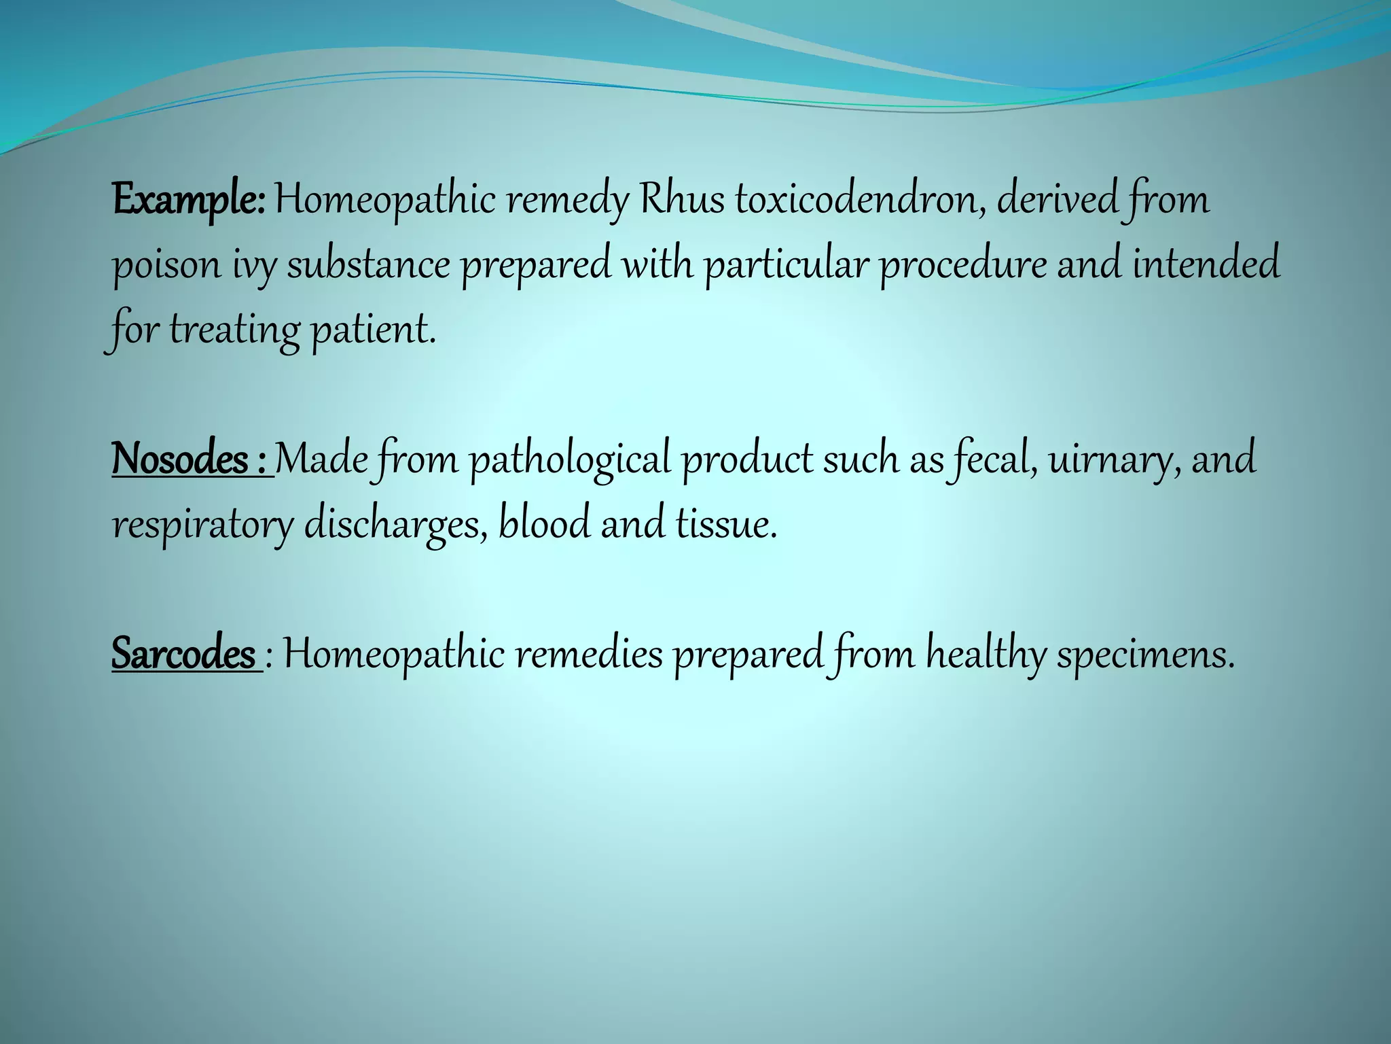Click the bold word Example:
[188, 201]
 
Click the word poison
[166, 266]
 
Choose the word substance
[368, 264]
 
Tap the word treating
[234, 331]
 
